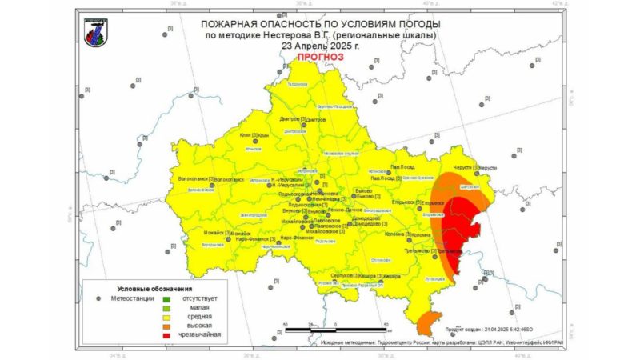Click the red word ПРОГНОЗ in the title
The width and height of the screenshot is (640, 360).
pos(320,58)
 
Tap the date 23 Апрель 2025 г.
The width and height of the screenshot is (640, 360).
pos(320,46)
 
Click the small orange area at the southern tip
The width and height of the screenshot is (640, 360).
pos(428,323)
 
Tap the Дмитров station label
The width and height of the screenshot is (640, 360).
pos(290,119)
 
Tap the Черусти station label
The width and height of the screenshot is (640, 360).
pos(464,167)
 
